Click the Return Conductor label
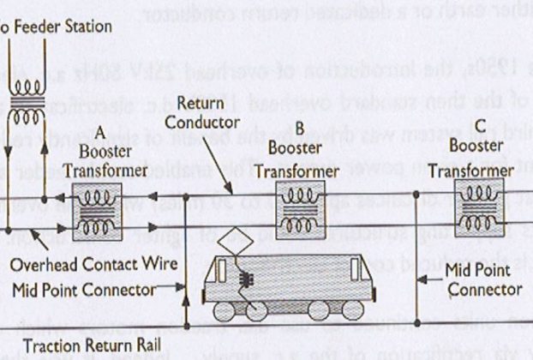click(x=202, y=113)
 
